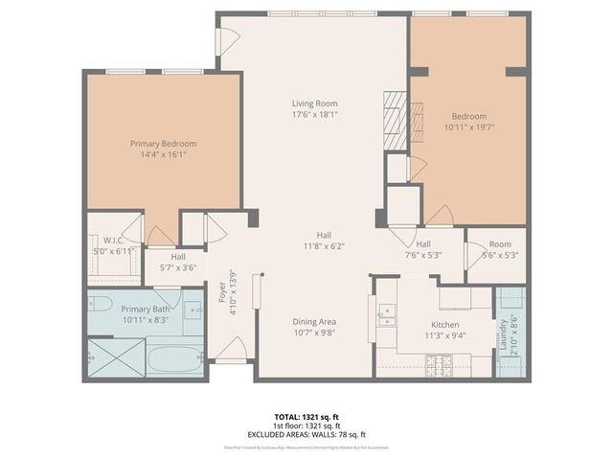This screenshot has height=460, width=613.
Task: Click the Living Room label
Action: click(x=315, y=103)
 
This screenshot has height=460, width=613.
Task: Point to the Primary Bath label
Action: click(x=146, y=310)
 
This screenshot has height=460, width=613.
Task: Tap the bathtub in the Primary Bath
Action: click(x=174, y=360)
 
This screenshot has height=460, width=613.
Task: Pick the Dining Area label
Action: click(x=315, y=322)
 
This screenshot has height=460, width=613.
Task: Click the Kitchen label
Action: click(x=445, y=325)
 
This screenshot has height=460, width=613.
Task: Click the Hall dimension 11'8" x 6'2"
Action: click(x=325, y=245)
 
